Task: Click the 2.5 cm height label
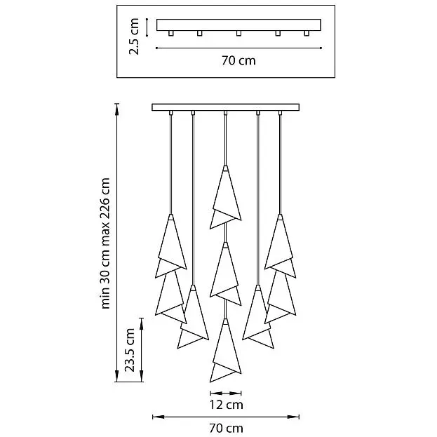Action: tap(134, 36)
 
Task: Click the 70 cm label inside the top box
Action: tap(238, 60)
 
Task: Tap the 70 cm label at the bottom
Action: tap(226, 428)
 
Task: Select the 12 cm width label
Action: tap(226, 405)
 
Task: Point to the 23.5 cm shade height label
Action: tap(130, 350)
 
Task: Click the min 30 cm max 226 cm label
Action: tap(105, 243)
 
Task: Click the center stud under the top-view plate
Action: tap(238, 33)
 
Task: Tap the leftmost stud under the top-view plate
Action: tap(171, 33)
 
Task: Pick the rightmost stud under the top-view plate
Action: tap(307, 33)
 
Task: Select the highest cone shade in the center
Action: tap(225, 199)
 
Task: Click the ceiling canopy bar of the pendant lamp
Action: tap(225, 107)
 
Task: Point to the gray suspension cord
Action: tap(258, 199)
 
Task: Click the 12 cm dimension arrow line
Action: tap(225, 394)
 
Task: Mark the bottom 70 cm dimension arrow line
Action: tap(226, 417)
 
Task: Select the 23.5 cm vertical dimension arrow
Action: tap(141, 350)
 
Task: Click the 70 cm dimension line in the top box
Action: tap(238, 48)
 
